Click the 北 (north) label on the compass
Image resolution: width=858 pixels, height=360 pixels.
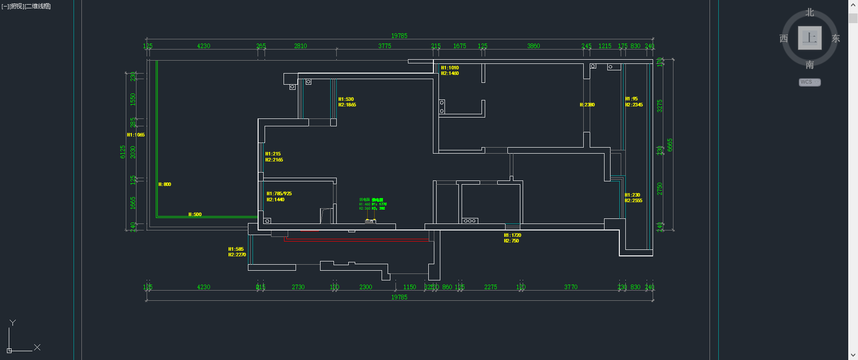809,12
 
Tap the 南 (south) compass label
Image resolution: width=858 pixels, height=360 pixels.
809,65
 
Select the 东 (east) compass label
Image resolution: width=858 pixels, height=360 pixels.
835,38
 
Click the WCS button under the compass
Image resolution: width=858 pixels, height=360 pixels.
809,82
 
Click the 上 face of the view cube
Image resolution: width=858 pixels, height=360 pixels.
809,38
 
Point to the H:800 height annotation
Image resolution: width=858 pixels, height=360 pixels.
165,184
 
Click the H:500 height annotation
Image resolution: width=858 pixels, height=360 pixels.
195,214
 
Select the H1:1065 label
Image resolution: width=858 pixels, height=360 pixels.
136,135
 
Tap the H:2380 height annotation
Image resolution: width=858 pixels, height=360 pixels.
587,105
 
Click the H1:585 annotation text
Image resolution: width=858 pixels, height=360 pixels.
236,249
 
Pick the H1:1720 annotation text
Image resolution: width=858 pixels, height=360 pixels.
512,235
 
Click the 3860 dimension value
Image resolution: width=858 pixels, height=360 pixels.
533,46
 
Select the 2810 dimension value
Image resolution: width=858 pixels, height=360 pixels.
300,46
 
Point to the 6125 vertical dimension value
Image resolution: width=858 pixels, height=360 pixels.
123,152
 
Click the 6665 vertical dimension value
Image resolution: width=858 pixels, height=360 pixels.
670,145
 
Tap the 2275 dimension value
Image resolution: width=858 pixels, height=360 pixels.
490,287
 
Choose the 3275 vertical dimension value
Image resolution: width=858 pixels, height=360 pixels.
660,106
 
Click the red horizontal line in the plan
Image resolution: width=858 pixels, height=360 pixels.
356,239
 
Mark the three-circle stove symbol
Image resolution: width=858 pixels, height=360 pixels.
469,221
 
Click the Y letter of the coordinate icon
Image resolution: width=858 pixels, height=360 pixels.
12,323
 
